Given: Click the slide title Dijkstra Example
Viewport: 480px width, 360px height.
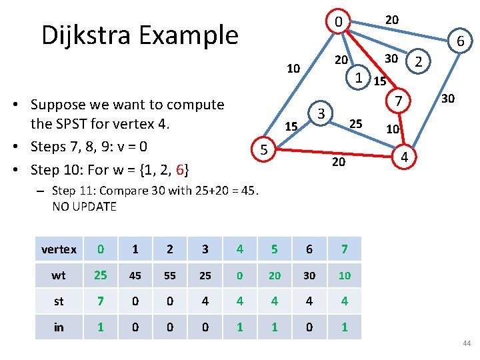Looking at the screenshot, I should pyautogui.click(x=139, y=35).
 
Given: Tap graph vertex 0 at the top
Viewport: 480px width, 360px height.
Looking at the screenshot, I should pyautogui.click(x=339, y=23).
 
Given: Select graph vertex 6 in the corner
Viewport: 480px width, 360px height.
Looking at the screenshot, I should pyautogui.click(x=460, y=43).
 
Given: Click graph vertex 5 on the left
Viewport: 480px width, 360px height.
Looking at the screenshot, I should pyautogui.click(x=264, y=151).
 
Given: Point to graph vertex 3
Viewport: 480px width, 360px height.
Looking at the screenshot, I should pyautogui.click(x=321, y=113).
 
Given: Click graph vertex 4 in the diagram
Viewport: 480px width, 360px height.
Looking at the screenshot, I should pyautogui.click(x=403, y=157).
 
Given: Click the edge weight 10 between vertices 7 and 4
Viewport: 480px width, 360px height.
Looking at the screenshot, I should pyautogui.click(x=393, y=128).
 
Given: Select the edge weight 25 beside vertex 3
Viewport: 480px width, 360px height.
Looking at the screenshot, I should pyautogui.click(x=356, y=123).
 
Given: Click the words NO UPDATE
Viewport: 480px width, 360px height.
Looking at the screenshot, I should pyautogui.click(x=84, y=207).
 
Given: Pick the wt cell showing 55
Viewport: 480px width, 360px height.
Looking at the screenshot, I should pyautogui.click(x=170, y=275).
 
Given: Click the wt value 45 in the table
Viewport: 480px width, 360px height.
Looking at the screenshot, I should pyautogui.click(x=135, y=275).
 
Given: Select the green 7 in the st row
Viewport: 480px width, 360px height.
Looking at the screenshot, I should pyautogui.click(x=101, y=301).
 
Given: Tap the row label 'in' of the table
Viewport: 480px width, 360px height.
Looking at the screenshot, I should pyautogui.click(x=59, y=327).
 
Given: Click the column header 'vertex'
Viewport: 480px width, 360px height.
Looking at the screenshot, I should pyautogui.click(x=59, y=249).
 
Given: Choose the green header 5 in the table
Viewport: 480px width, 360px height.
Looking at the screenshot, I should pyautogui.click(x=274, y=249).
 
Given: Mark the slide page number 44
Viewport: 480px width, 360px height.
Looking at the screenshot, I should pyautogui.click(x=465, y=343).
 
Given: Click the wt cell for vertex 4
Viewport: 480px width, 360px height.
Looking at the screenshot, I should pyautogui.click(x=239, y=275).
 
